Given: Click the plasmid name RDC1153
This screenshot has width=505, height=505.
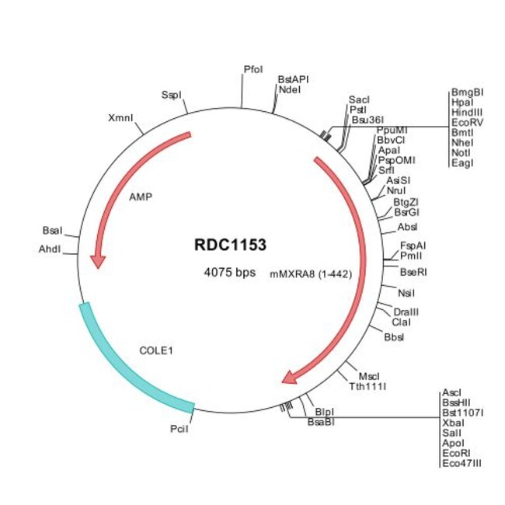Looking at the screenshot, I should coord(230,245).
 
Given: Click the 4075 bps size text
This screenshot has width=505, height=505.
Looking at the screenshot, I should coord(229,273).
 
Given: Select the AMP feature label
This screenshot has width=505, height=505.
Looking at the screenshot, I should coord(141,197).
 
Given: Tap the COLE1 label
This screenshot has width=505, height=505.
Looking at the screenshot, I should coord(155,350).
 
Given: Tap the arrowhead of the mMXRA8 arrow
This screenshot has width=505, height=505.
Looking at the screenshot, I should coord(289,378).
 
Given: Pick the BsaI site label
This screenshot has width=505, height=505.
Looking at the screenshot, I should coord(52,231).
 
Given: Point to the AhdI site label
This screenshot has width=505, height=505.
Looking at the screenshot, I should coord(51,249).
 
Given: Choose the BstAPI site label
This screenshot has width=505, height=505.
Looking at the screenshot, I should coord(293,79).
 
